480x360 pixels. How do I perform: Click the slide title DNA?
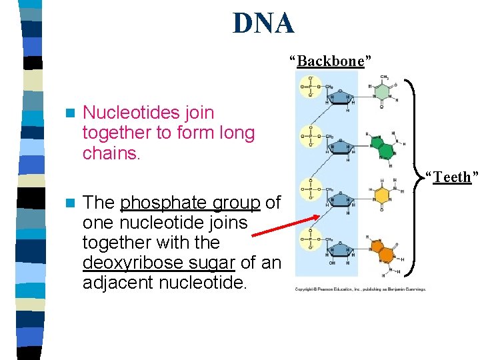point(263,23)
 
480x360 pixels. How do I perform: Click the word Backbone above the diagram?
point(331,61)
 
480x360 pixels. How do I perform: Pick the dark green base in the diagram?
point(383,146)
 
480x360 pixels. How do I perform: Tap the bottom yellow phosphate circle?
point(310,239)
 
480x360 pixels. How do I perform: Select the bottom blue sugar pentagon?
point(341,247)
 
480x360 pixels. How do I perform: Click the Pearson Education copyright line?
point(361,289)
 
